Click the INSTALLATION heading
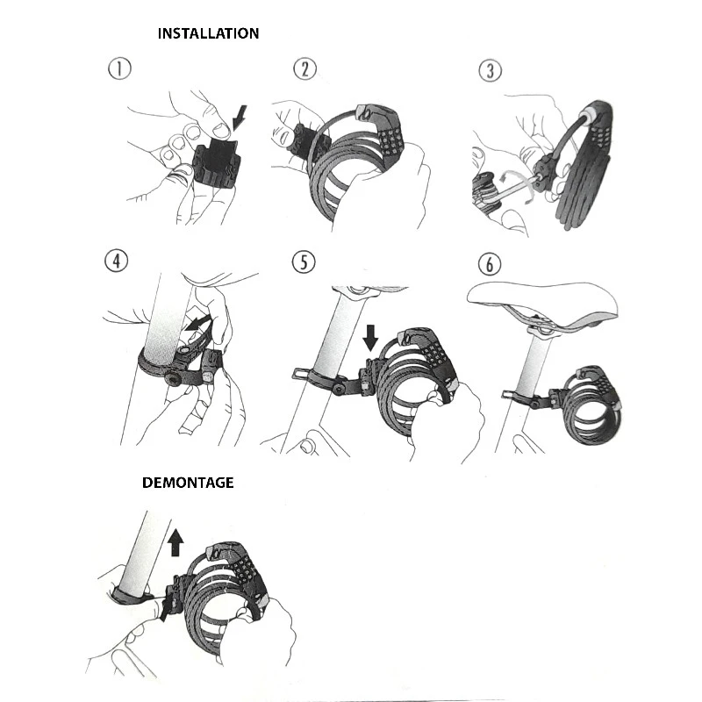click(x=208, y=33)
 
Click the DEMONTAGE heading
click(x=188, y=483)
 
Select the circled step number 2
click(x=304, y=69)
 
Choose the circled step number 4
click(x=116, y=261)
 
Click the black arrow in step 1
click(x=241, y=115)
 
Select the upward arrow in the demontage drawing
click(x=175, y=541)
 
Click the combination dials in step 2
click(x=387, y=137)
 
